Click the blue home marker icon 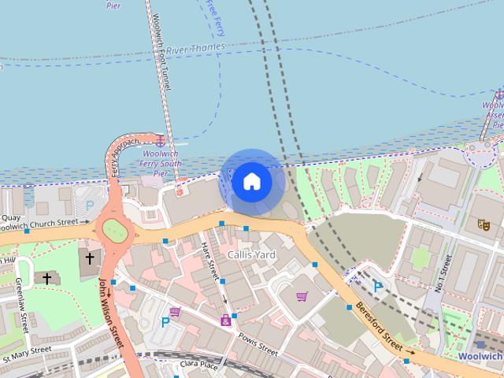(252, 182)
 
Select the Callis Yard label (251, 255)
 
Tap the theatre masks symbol (483, 224)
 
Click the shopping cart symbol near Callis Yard (302, 297)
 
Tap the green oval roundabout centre (114, 230)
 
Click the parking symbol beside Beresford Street (378, 287)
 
